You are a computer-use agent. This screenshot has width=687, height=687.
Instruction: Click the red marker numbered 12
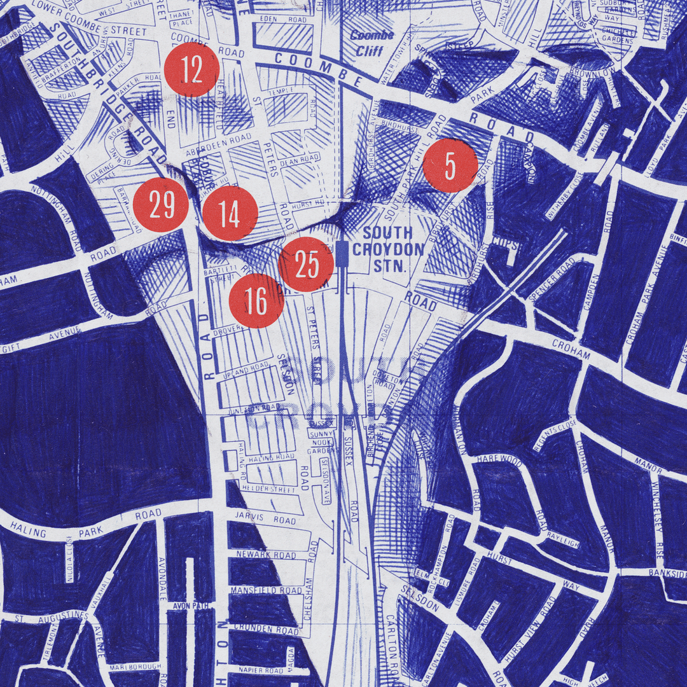(191, 70)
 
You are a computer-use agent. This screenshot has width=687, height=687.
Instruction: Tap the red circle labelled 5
(450, 165)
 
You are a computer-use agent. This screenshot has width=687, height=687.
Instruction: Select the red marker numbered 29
(161, 205)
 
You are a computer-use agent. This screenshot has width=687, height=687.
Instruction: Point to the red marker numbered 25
(307, 265)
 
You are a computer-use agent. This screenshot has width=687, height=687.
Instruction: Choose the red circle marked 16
(256, 301)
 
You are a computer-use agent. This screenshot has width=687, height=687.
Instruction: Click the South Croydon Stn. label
(388, 249)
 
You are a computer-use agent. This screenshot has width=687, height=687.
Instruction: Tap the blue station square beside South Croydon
(343, 252)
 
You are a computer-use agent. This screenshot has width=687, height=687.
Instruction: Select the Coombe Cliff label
(373, 43)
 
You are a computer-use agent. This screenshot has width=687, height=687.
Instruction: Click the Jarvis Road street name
(265, 518)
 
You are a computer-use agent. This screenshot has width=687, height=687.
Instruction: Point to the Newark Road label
(266, 555)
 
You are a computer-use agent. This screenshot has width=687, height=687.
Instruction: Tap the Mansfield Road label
(266, 590)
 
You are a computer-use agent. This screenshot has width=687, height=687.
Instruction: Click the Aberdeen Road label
(214, 146)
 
